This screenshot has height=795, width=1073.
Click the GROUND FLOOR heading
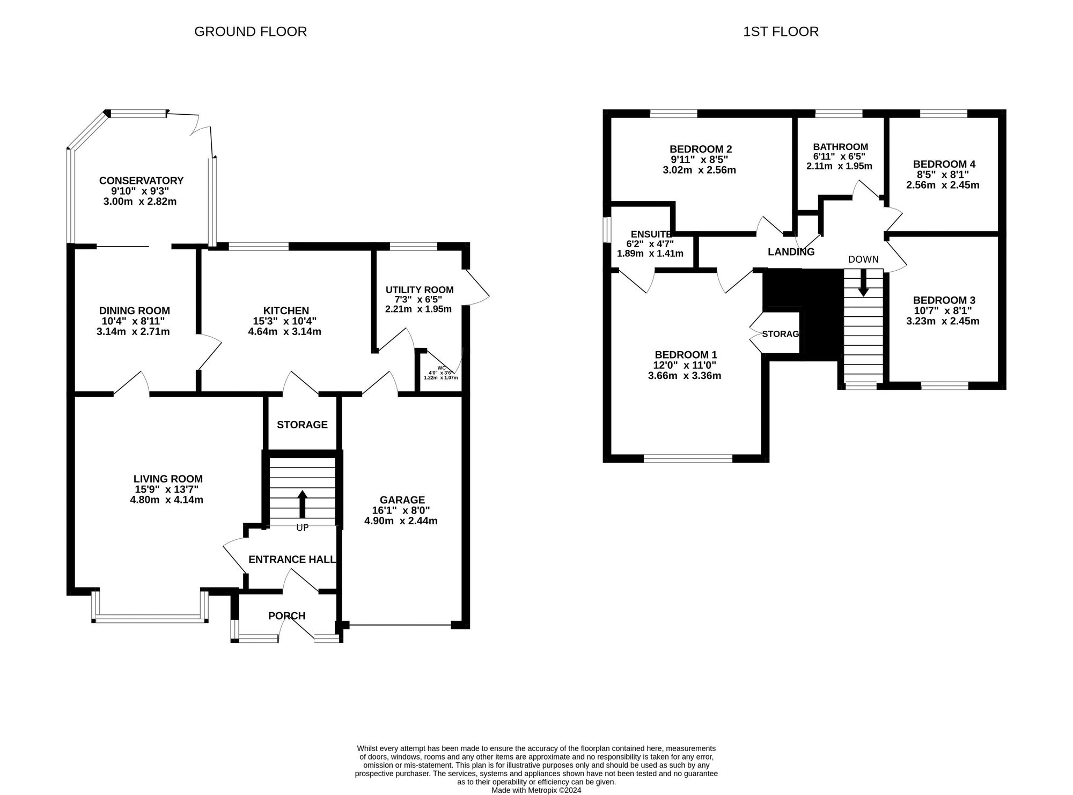[x=251, y=32]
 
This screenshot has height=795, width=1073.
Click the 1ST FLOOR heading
[x=781, y=32]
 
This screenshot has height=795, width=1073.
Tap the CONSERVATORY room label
[x=141, y=181]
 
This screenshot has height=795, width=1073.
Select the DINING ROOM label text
[x=134, y=311]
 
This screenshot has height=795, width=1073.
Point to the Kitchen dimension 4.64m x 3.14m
[x=284, y=332]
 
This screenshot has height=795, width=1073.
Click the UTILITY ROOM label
[x=420, y=290]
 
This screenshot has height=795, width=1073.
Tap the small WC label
[x=441, y=368]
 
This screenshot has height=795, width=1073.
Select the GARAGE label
[x=402, y=500]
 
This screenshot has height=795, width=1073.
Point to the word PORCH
[x=287, y=616]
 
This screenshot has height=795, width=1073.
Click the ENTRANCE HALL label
[x=292, y=560]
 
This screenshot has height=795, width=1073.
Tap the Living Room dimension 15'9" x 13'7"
[x=167, y=489]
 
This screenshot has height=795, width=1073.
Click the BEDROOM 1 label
[x=686, y=355]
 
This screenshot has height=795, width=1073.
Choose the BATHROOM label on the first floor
[x=840, y=147]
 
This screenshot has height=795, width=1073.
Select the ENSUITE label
[x=651, y=234]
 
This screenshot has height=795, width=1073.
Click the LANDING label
[x=791, y=252]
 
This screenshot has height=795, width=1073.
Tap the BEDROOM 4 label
[x=944, y=165]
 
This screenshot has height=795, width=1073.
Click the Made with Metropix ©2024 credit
[x=536, y=790]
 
